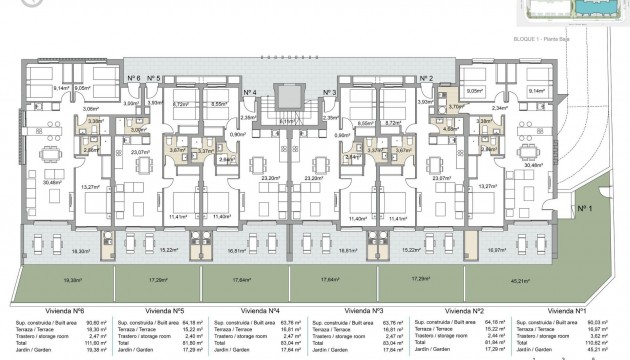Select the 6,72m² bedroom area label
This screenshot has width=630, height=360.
tap(182, 102)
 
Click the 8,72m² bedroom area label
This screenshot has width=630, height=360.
tap(394, 123)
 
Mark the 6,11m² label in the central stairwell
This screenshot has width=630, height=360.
tap(289, 121)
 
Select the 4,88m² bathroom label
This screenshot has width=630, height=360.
tap(452, 128)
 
